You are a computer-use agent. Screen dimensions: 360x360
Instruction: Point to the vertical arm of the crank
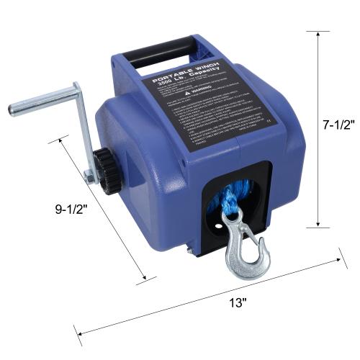click(82, 133)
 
